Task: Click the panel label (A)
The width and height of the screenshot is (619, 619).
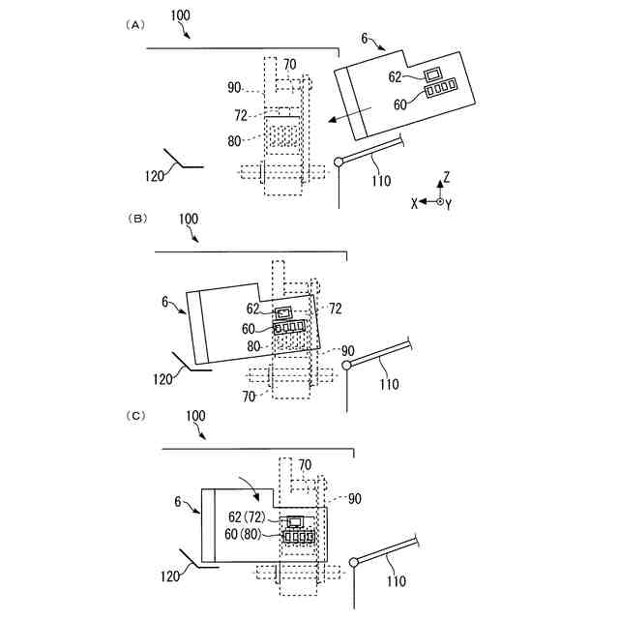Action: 135,25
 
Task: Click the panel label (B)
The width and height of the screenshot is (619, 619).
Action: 137,220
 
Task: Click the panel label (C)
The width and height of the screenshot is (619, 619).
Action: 137,415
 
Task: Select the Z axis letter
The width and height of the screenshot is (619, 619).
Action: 446,178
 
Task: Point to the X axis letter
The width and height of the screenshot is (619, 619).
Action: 414,202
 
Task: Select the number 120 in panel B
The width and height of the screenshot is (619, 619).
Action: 166,380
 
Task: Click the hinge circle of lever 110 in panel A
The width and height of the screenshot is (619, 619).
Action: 339,162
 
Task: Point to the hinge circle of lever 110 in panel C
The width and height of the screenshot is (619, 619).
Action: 354,562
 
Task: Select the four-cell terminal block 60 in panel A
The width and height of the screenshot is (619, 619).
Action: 440,90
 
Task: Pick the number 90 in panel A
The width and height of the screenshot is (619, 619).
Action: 234,88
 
